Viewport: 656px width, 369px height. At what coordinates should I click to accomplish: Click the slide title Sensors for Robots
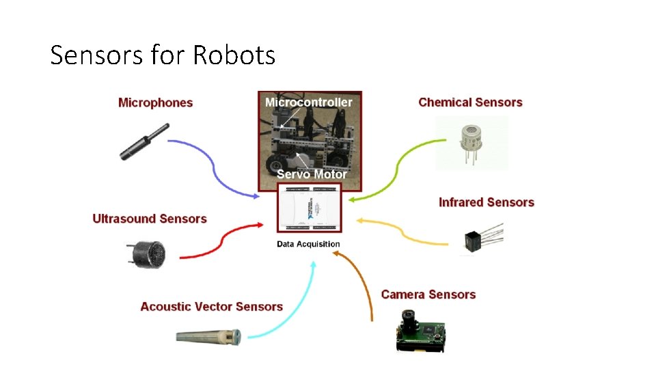click(163, 55)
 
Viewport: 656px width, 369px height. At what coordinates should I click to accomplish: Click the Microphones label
click(156, 102)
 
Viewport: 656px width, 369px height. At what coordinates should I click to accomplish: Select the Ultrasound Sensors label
click(150, 219)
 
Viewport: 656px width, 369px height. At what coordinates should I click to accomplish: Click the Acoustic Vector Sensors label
click(211, 306)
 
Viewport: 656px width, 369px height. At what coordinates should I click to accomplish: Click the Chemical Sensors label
click(470, 102)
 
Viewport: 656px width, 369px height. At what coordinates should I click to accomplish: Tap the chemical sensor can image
click(471, 141)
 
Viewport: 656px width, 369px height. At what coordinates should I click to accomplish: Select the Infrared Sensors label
click(486, 202)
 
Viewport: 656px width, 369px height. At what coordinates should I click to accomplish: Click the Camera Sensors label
click(428, 295)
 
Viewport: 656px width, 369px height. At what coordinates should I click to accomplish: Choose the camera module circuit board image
click(420, 331)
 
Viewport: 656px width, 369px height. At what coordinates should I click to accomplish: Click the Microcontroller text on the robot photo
click(309, 102)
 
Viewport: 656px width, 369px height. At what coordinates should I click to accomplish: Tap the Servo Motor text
click(312, 174)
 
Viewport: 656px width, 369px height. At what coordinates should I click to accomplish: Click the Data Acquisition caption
click(308, 244)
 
